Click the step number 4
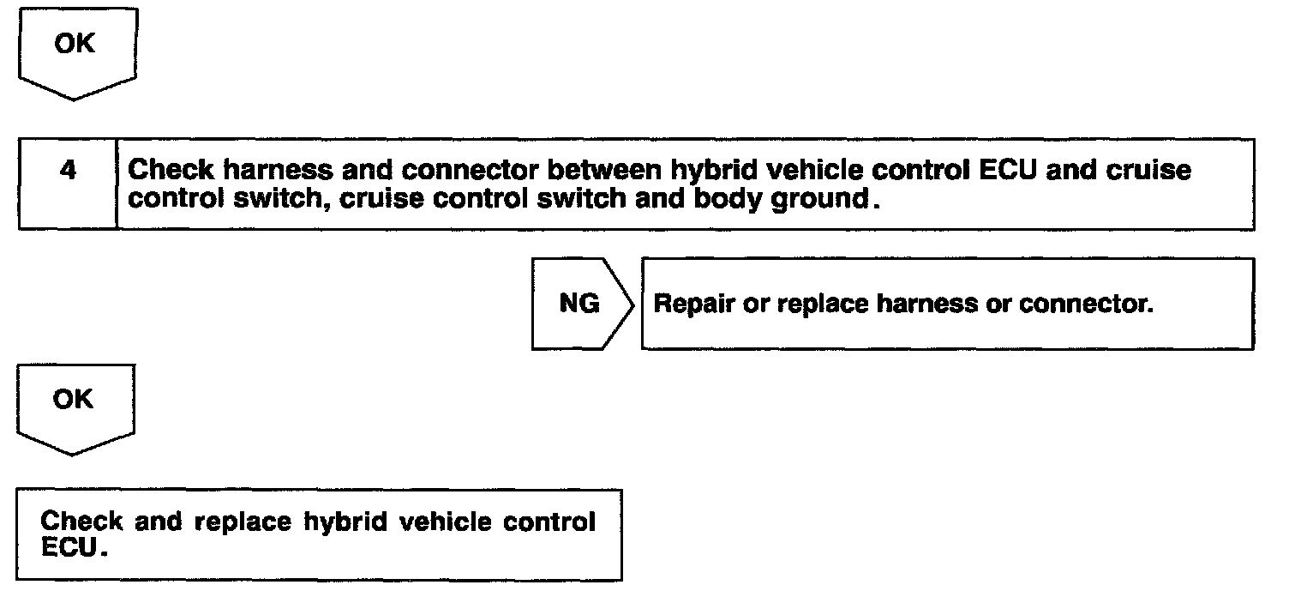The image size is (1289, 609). coord(68,171)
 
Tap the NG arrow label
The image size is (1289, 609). coord(579,304)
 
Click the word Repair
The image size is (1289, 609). coord(692,304)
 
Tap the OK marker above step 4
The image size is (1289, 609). coord(75,44)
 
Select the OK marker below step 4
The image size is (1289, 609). coord(74,400)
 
